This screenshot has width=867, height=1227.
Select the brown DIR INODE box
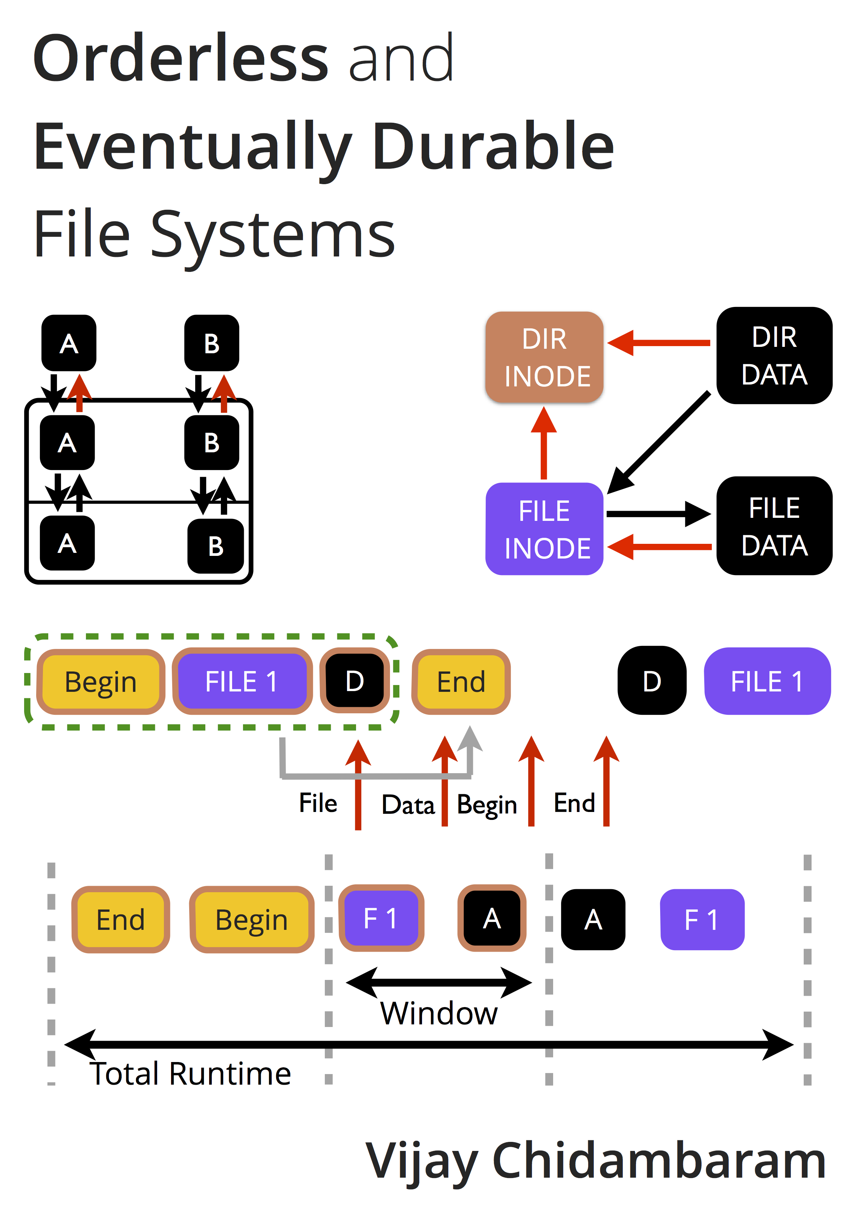pos(544,357)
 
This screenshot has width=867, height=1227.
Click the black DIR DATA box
pos(774,356)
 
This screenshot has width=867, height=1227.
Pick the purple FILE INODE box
pos(544,529)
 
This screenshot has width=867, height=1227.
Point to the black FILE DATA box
pos(774,526)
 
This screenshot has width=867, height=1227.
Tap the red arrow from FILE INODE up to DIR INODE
pos(544,444)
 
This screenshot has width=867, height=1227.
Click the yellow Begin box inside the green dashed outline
pos(101,682)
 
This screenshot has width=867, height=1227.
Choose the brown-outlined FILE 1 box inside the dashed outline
pos(242,681)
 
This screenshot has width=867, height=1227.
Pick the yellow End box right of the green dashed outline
pos(461,682)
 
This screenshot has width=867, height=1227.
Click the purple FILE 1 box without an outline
pos(767,681)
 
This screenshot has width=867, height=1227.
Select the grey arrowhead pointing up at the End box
pos(470,739)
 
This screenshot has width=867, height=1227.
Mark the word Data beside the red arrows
pos(408,805)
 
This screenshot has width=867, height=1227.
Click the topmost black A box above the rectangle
pos(69,343)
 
